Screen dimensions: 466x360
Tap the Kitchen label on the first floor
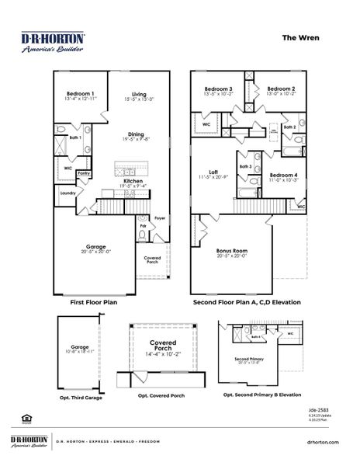click(x=133, y=180)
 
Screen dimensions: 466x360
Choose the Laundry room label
click(x=67, y=193)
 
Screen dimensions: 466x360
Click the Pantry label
click(x=84, y=173)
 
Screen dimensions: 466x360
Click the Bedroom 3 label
click(x=218, y=89)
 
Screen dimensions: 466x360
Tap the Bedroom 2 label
click(x=281, y=89)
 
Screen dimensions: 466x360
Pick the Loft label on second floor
click(x=213, y=172)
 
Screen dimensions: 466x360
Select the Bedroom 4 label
click(x=282, y=175)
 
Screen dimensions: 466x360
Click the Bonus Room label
click(x=231, y=251)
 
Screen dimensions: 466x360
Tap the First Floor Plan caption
click(x=93, y=302)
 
